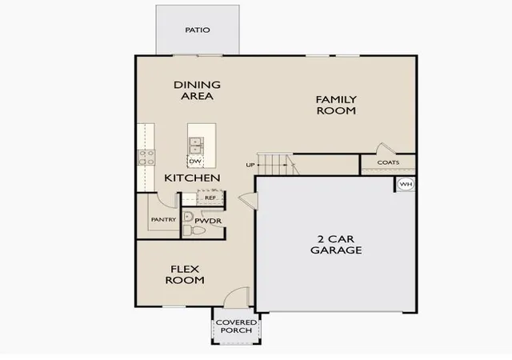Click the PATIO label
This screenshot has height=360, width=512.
[198, 30]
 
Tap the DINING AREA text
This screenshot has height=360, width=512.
[197, 90]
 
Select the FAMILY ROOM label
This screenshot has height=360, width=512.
[336, 105]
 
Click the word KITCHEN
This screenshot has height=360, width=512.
[192, 178]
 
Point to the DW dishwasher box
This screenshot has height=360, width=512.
[195, 162]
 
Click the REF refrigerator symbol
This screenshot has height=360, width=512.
[210, 198]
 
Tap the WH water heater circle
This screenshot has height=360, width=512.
[406, 184]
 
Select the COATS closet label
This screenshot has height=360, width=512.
[388, 162]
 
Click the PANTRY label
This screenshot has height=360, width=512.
[163, 219]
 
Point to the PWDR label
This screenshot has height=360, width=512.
[208, 221]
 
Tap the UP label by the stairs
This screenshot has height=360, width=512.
[250, 165]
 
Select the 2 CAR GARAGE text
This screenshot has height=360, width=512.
[336, 245]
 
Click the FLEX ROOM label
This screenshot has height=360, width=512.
[185, 274]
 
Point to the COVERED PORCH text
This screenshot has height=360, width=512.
[236, 326]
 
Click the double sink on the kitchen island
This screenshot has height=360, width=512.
[196, 146]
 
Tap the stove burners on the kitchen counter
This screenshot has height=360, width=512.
[146, 158]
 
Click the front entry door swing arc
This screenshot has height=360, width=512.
[233, 290]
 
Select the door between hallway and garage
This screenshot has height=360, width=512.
[249, 201]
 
